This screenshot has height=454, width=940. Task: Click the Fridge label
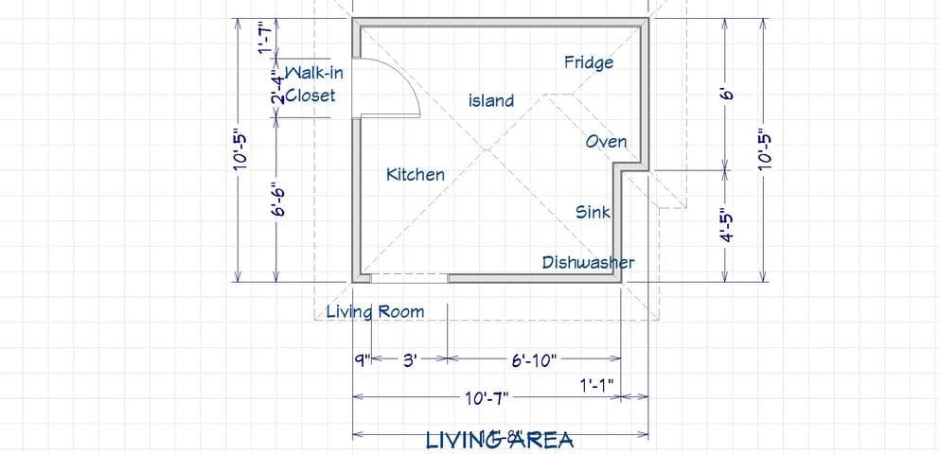589,63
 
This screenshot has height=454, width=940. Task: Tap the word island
491,100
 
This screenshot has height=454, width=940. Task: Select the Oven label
606,142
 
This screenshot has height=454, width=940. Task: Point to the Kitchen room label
415,174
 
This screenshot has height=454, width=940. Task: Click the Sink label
594,213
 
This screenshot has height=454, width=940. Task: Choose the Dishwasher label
588,262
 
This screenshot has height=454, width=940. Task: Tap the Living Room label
375,311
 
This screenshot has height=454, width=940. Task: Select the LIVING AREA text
500,440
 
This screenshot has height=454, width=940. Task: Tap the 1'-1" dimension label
597,384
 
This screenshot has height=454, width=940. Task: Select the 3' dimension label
410,360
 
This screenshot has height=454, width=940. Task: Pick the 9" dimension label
361,360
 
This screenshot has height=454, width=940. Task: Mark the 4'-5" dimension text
726,226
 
